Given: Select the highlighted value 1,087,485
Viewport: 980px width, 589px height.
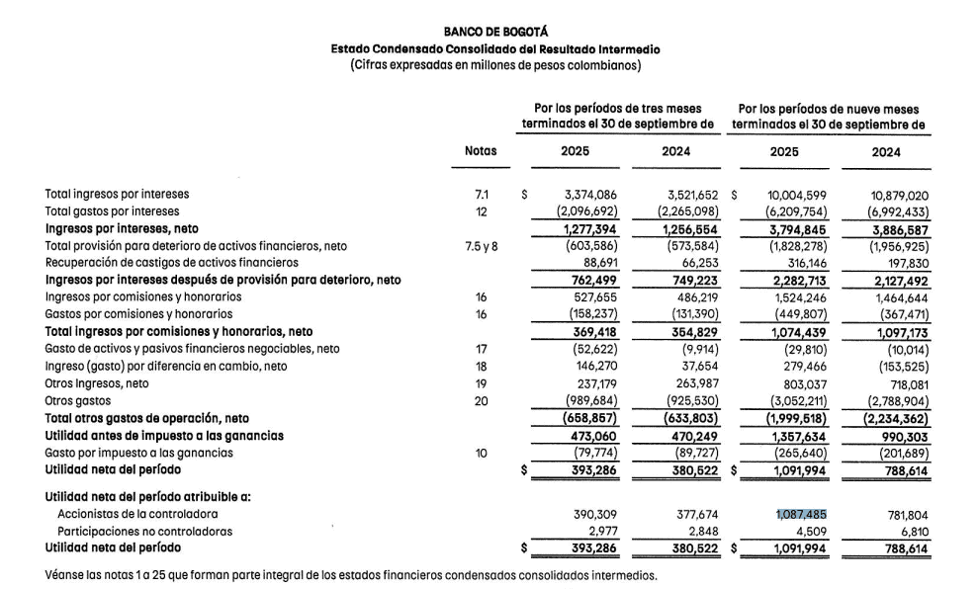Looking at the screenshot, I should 797,514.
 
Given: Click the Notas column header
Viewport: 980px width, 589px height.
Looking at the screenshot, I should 481,151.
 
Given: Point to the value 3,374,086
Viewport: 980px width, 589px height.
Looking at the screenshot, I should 589,195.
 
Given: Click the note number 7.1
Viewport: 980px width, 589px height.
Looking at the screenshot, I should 481,195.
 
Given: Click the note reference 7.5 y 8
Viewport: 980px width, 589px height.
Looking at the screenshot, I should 481,246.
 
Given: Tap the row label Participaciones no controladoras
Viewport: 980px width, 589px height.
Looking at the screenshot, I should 146,531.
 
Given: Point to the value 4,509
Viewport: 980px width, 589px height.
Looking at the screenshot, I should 808,531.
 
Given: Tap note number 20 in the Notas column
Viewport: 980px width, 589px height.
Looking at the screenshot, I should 481,401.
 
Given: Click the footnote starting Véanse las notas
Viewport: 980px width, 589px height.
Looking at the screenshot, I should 351,574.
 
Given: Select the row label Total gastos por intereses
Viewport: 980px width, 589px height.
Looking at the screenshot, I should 113,211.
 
